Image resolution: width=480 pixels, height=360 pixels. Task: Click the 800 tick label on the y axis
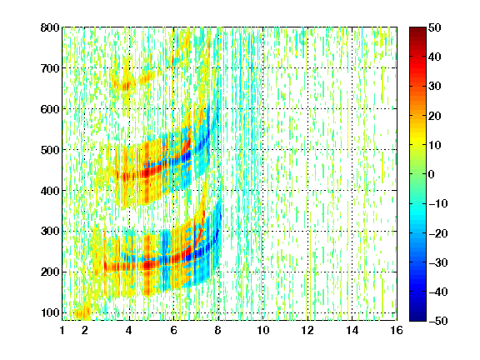tap(50, 27)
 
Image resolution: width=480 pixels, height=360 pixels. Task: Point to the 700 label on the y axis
tap(50, 68)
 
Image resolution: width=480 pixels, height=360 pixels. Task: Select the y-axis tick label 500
tap(50, 150)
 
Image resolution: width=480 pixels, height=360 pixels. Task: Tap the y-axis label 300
tap(50, 231)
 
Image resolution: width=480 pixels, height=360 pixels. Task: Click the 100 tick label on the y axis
tap(50, 312)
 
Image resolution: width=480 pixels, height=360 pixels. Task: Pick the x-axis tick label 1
tap(62, 330)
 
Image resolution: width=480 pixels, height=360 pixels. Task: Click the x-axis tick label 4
tap(129, 330)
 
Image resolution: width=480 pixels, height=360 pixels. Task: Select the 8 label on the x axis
tap(218, 330)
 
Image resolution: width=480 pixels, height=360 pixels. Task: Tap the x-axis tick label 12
tap(307, 330)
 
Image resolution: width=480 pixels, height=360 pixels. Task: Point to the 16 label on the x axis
tap(397, 330)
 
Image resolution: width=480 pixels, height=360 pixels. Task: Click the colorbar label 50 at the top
tap(435, 27)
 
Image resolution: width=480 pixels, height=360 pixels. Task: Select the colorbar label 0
tap(432, 174)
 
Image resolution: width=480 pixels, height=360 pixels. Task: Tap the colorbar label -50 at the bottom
tap(438, 321)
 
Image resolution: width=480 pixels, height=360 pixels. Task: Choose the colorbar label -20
tap(438, 233)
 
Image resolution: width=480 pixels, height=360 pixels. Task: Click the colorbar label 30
tap(435, 86)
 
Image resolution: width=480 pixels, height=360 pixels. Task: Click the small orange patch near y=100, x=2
tap(82, 312)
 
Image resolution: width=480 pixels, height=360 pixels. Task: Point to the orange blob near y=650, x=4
tap(126, 87)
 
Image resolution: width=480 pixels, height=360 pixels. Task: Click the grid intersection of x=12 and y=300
tap(307, 231)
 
